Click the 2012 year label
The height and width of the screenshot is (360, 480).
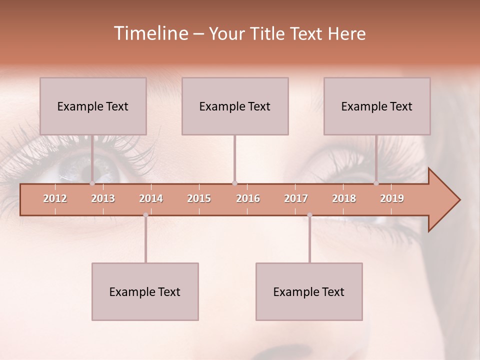(x=55, y=198)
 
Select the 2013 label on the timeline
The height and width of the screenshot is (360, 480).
(x=103, y=198)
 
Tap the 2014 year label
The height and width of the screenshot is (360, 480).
(x=151, y=198)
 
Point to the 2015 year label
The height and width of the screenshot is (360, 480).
(x=199, y=198)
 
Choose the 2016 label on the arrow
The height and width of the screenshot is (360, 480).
(x=248, y=198)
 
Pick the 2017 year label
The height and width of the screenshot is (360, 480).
(x=296, y=198)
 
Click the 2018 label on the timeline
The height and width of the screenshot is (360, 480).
(x=344, y=198)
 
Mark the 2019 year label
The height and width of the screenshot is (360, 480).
(x=392, y=198)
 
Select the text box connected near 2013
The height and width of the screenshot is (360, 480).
(x=93, y=106)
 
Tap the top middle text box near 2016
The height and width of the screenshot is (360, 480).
(x=235, y=106)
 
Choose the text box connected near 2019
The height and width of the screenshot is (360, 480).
(x=377, y=106)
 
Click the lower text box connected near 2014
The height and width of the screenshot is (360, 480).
(x=145, y=291)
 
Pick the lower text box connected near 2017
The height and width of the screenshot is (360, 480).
(x=309, y=291)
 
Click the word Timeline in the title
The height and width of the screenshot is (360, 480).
(x=150, y=33)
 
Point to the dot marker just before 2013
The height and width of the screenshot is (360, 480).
(x=92, y=183)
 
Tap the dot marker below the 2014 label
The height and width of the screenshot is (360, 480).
(x=145, y=215)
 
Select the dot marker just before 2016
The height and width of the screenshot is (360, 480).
(x=234, y=183)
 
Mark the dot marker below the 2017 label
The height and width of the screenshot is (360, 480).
(x=309, y=215)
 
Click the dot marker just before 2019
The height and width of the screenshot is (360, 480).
(x=376, y=183)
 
